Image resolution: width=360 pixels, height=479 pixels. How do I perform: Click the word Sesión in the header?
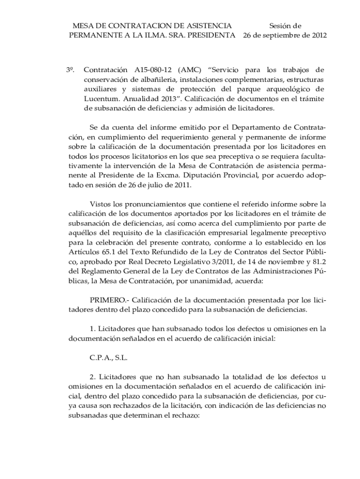tap(280, 26)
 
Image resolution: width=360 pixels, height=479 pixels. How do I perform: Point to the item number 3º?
tap(71, 70)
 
